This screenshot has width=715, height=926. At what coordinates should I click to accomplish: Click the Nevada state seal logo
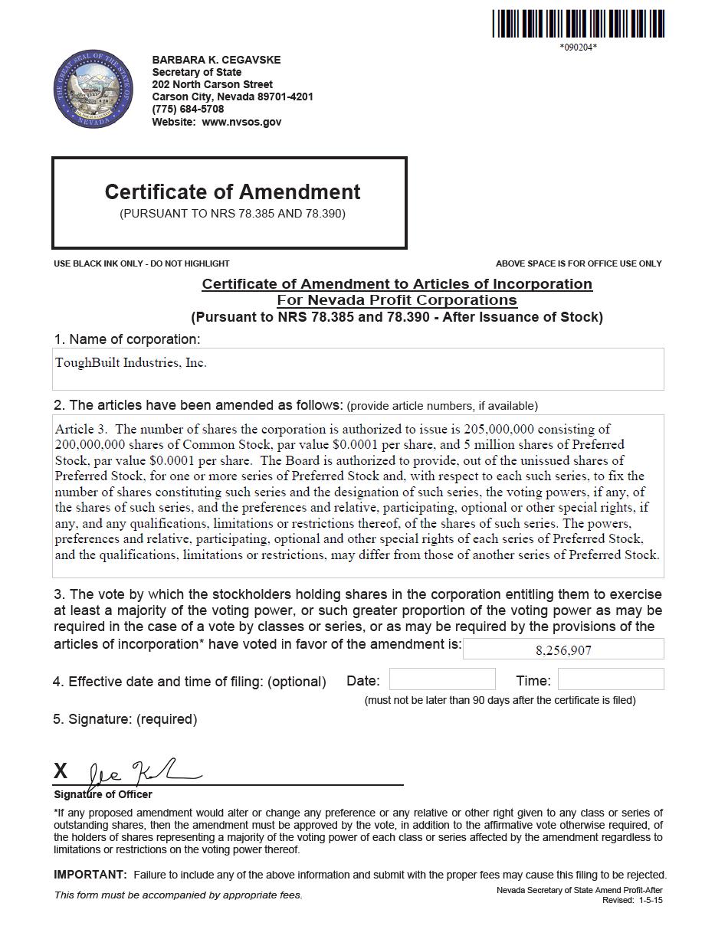pos(93,90)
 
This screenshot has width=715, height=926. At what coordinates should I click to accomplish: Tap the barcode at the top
pos(578,24)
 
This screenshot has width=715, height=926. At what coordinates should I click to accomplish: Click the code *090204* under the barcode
pos(578,47)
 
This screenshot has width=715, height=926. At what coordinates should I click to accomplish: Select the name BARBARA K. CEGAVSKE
pos(216,60)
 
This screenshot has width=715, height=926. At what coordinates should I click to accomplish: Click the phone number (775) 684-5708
pos(188,109)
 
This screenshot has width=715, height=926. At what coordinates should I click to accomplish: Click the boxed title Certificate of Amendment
pos(232,192)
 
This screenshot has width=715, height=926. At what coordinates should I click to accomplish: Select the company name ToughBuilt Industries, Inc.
pos(131,362)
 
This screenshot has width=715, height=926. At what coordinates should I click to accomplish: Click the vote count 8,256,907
pos(563,650)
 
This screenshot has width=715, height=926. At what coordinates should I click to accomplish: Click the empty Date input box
pos(442,679)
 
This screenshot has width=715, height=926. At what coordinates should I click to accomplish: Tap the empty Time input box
pos(610,679)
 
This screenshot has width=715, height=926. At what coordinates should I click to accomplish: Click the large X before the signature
pos(61,771)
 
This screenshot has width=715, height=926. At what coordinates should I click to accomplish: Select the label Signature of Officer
pos(103,794)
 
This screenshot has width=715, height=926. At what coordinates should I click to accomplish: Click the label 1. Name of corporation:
pos(126,339)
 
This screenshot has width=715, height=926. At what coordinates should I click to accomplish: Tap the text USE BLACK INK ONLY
pos(98,263)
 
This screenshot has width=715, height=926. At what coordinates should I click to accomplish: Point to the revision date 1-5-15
pos(650,900)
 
